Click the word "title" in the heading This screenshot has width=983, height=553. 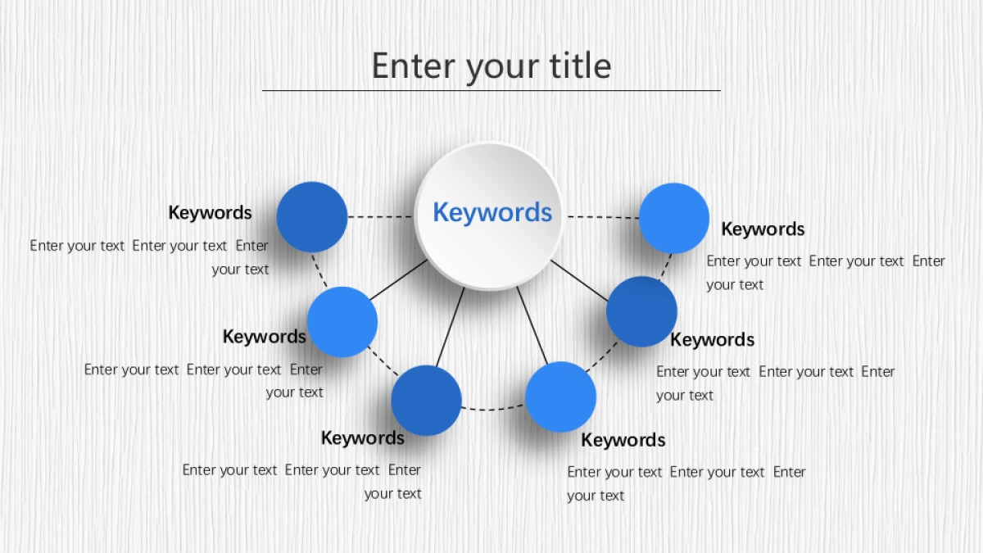580,66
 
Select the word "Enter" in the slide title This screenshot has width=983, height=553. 414,66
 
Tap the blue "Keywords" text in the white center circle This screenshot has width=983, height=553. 492,212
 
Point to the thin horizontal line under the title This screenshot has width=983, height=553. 491,90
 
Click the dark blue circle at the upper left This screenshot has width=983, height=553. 311,217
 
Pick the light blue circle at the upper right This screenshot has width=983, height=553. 674,218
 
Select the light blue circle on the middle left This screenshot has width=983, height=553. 342,322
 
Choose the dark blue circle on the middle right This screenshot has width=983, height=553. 641,311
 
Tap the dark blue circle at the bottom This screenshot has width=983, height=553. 426,401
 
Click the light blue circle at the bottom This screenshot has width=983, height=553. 560,397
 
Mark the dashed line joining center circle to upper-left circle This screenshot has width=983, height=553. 380,217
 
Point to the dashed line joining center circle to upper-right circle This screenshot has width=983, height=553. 603,217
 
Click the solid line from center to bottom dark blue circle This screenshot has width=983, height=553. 451,327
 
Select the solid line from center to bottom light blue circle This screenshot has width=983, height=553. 532,325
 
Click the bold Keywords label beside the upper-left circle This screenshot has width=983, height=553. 211,213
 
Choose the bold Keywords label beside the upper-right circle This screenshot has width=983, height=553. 763,229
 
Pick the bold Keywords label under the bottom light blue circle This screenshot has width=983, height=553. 623,440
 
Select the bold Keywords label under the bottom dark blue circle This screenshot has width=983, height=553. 363,438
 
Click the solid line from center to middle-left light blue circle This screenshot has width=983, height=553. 398,280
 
